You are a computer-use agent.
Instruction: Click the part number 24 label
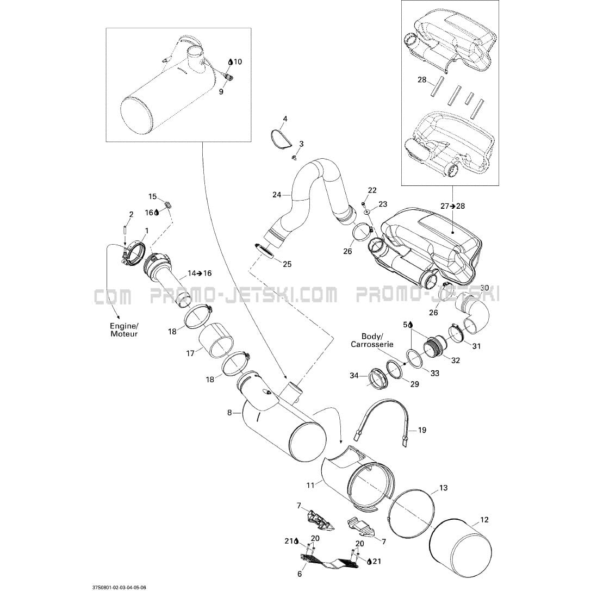[277, 194]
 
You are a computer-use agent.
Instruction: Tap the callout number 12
[484, 520]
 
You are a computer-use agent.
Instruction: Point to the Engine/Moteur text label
[124, 329]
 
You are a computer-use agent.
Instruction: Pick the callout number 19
[422, 430]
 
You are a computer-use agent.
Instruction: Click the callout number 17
[190, 353]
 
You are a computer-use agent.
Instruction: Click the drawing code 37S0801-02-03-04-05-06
[119, 587]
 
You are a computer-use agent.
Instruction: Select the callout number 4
[285, 119]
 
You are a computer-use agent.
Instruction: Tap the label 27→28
[452, 206]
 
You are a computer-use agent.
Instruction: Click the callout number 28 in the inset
[422, 80]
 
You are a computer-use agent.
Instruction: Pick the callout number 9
[221, 92]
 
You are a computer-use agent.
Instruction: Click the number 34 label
[353, 376]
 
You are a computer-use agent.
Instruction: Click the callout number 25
[287, 264]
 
